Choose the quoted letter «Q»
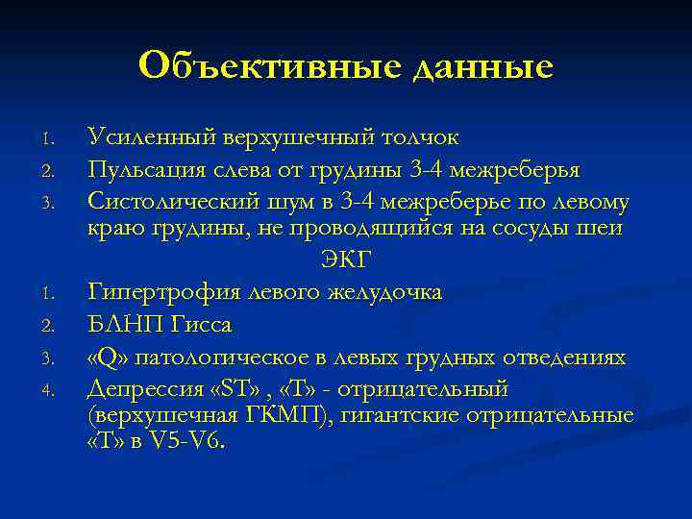(109, 358)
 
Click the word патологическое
(224, 358)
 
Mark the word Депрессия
(138, 389)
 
